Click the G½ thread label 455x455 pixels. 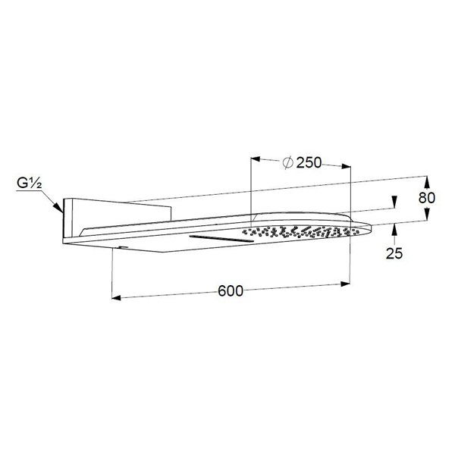30,184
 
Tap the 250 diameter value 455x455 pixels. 309,163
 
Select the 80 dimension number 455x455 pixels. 426,198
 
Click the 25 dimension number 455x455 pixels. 394,253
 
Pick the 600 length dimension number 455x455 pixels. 231,290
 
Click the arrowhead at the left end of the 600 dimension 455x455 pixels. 116,297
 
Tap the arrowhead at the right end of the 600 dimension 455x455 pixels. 345,284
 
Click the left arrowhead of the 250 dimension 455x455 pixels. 256,158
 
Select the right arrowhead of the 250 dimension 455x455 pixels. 347,166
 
